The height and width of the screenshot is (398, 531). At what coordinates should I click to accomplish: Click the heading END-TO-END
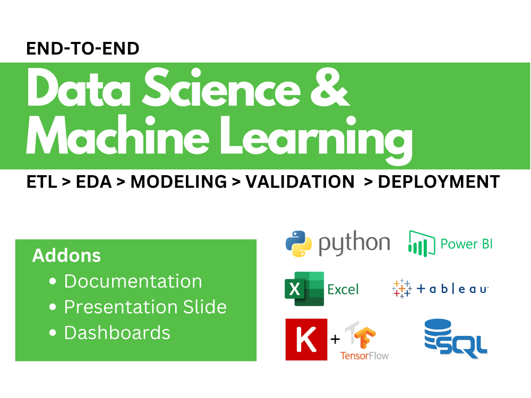(x=82, y=49)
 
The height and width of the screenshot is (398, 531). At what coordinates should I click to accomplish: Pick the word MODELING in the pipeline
(x=178, y=182)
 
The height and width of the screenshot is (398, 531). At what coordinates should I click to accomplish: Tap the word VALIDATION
(x=300, y=182)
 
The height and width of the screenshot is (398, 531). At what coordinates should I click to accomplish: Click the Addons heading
(x=66, y=256)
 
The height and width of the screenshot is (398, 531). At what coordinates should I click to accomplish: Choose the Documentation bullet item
(x=133, y=281)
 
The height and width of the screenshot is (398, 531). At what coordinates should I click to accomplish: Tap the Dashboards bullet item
(x=117, y=333)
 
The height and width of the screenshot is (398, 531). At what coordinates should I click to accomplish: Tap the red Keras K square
(x=306, y=339)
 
